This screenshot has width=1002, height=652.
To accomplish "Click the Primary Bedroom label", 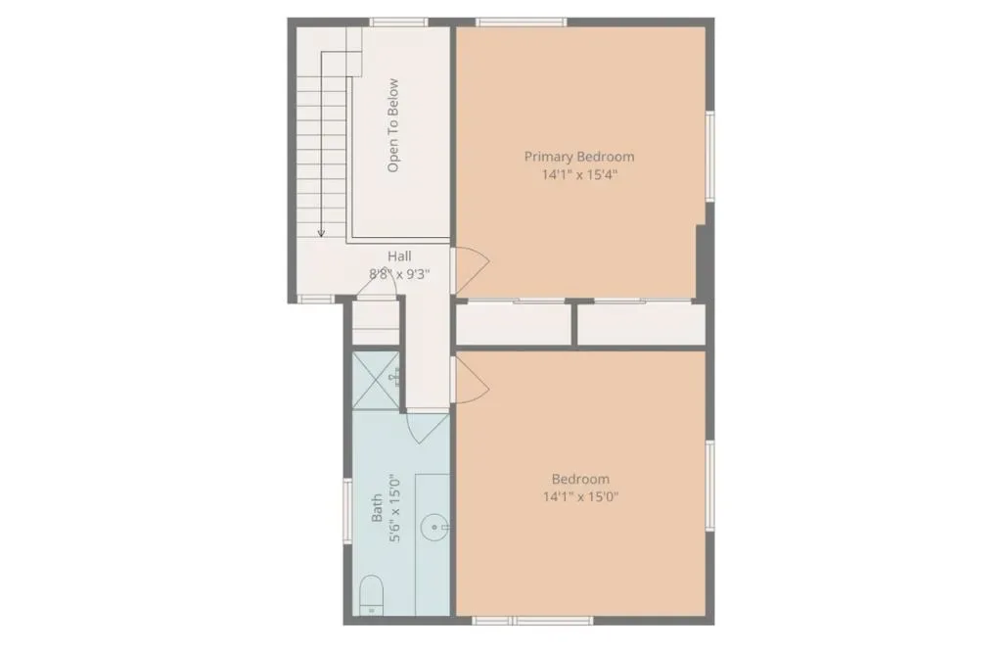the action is (x=579, y=157).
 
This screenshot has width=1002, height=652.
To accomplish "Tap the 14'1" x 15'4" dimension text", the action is (x=579, y=174).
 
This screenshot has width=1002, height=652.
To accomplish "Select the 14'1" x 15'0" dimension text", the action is (x=580, y=496).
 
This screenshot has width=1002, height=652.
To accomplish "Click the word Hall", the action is (x=399, y=256).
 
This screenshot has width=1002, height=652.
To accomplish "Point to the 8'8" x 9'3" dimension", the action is (x=399, y=274).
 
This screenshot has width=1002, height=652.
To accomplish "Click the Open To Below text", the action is (x=393, y=125).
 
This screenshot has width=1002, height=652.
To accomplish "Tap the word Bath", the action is (x=377, y=507).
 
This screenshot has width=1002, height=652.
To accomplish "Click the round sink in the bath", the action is (x=434, y=528).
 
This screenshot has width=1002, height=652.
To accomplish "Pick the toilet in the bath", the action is (x=371, y=594).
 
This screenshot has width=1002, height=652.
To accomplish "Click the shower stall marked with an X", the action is (x=376, y=380).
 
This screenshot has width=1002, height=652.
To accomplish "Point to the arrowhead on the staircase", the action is (x=321, y=233).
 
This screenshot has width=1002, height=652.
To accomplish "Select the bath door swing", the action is (x=427, y=427).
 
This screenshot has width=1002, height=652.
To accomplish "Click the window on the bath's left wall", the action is (x=347, y=511).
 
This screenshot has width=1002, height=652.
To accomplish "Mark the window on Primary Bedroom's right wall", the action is (x=710, y=157).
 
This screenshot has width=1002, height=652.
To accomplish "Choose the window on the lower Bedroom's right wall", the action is (x=710, y=486).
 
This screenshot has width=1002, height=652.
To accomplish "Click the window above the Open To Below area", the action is (x=399, y=23).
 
